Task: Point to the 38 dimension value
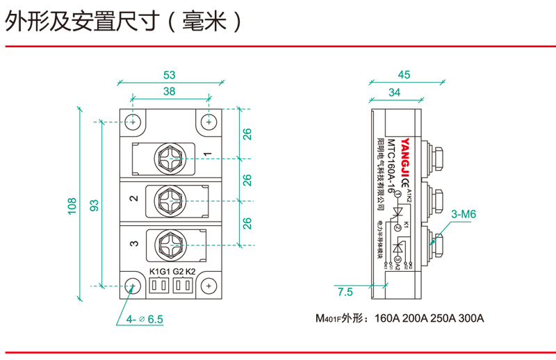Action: pos(169,91)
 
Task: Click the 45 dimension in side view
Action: pos(404,74)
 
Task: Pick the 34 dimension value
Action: pos(394,91)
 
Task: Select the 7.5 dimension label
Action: pos(345,292)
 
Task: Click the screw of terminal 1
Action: pos(170,158)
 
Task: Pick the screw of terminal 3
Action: pos(170,243)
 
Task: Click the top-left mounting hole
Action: pos(133,121)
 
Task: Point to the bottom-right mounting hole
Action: pos(208,285)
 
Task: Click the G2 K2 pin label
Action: pos(184,271)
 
